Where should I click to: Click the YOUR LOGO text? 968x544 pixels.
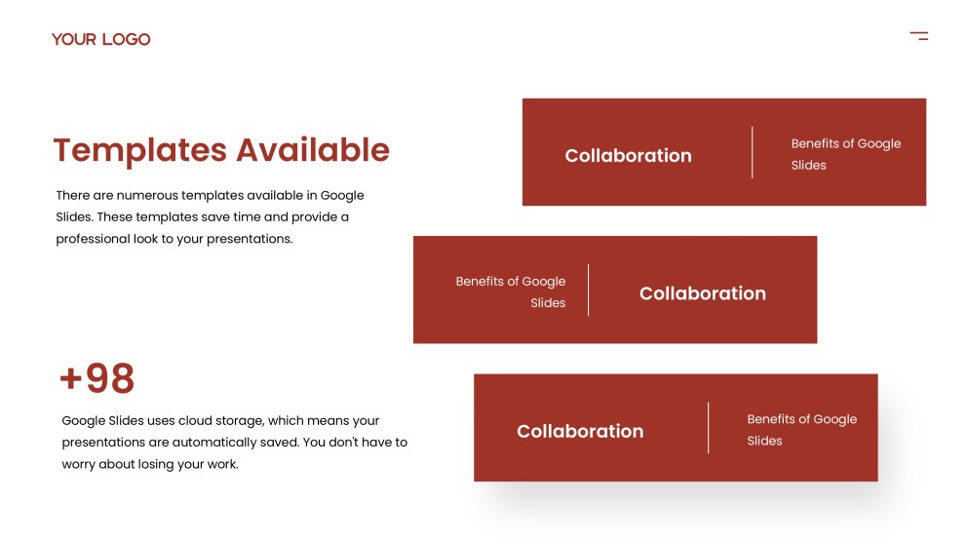(101, 39)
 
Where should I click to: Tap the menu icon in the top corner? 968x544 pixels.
(918, 36)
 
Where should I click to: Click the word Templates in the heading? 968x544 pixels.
(139, 150)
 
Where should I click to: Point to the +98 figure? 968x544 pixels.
(97, 378)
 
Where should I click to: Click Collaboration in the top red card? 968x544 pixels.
(628, 155)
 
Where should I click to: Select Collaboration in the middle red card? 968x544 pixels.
(702, 293)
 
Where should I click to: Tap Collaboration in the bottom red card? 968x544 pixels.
(579, 431)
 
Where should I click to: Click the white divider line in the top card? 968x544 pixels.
(753, 152)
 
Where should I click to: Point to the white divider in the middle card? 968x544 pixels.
(589, 290)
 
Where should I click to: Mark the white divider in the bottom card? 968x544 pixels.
(709, 427)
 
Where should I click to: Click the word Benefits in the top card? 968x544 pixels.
(815, 143)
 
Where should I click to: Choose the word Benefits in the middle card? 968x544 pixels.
(480, 281)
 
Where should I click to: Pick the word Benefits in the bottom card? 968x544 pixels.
(771, 419)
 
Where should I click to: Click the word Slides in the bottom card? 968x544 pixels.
(764, 441)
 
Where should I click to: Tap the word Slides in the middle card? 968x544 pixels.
(548, 303)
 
